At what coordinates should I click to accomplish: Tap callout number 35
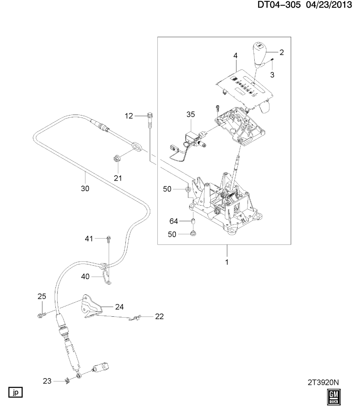[x=190, y=114]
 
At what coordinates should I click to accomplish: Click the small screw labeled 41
[x=109, y=239]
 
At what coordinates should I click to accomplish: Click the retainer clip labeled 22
[x=136, y=318]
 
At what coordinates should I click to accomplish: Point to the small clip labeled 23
[x=66, y=381]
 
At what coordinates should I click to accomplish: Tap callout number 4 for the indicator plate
[x=235, y=55]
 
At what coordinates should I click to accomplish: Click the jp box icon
[x=16, y=391]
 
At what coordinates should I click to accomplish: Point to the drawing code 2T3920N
[x=323, y=382]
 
